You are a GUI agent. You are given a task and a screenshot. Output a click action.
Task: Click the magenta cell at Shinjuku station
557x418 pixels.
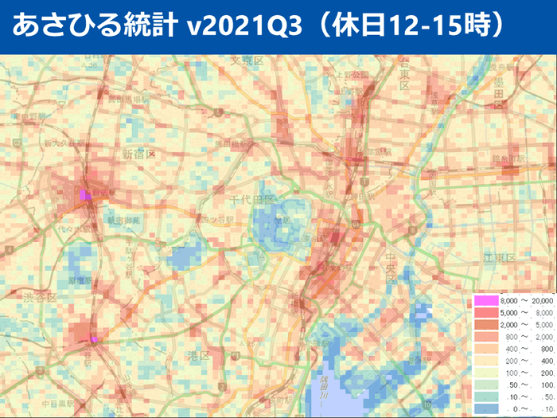[x=85, y=194]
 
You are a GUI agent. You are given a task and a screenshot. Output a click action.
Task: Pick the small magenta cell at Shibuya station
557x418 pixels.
[x=94, y=340]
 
